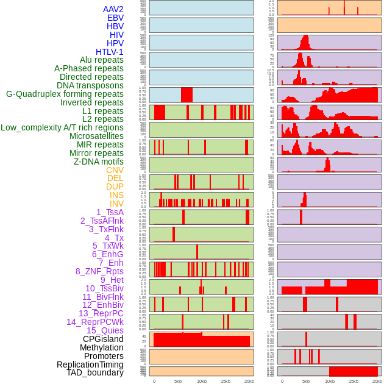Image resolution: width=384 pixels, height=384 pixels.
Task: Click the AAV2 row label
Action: tap(113, 9)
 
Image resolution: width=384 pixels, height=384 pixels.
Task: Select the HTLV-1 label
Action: tap(109, 52)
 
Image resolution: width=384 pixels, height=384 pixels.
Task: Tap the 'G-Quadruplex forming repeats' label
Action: tap(65, 94)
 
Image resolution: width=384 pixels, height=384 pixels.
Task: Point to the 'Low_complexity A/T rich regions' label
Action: tap(62, 127)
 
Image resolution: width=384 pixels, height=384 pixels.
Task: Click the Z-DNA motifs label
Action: tap(98, 162)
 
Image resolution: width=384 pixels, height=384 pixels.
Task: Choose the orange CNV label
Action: tap(115, 170)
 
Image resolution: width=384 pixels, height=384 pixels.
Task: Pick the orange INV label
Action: tap(116, 204)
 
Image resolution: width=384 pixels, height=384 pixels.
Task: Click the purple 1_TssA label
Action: tap(110, 212)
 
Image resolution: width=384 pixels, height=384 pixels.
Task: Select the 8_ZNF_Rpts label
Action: tap(99, 271)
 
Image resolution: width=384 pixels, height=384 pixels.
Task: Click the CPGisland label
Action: tap(103, 339)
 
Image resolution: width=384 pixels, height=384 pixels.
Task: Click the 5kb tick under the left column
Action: tap(178, 381)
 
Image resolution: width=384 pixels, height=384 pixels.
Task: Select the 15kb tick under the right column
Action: tap(354, 381)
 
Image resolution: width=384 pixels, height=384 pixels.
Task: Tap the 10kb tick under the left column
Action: tap(202, 381)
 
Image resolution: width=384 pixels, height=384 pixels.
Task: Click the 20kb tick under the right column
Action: tap(377, 381)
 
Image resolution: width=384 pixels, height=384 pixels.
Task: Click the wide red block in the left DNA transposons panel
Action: tap(187, 95)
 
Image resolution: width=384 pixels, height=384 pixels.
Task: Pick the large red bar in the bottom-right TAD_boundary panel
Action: tap(353, 371)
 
